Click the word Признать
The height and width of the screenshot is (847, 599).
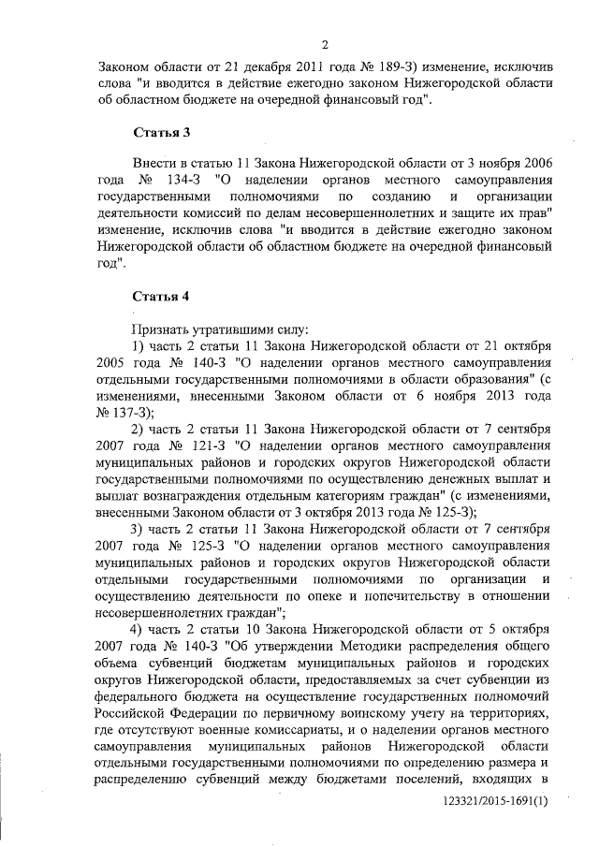click(x=163, y=329)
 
